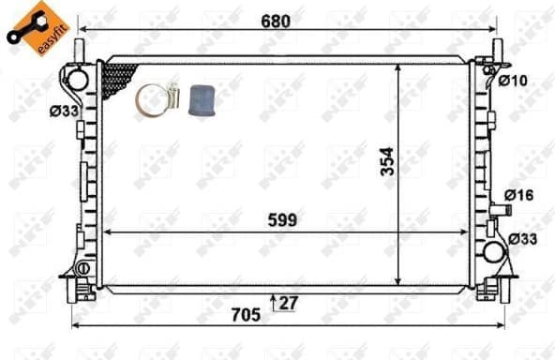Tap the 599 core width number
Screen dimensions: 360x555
(281, 220)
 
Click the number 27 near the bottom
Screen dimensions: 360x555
(290, 302)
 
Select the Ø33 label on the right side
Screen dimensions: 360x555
(523, 239)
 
